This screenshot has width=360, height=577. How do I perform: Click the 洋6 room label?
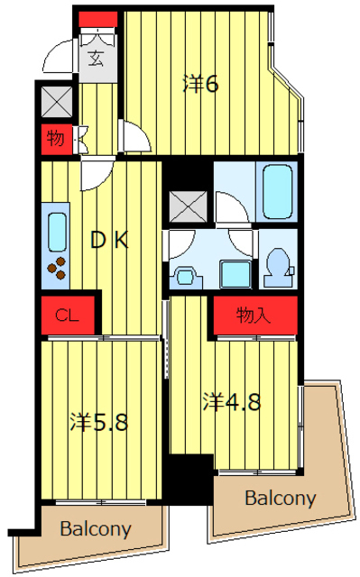pyautogui.click(x=201, y=85)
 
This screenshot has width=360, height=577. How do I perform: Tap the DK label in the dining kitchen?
pyautogui.click(x=110, y=240)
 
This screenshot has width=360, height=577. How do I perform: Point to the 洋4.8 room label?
pyautogui.click(x=232, y=402)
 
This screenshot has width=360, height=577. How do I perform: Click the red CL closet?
pyautogui.click(x=68, y=315)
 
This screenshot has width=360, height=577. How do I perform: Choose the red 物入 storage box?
pyautogui.click(x=255, y=315)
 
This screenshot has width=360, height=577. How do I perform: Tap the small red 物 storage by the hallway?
pyautogui.click(x=56, y=139)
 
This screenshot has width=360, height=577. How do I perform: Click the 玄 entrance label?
pyautogui.click(x=96, y=59)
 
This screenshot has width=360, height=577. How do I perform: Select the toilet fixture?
pyautogui.click(x=279, y=267)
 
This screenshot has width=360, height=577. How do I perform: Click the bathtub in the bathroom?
pyautogui.click(x=278, y=191)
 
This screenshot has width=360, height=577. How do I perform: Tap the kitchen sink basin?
pyautogui.click(x=57, y=233)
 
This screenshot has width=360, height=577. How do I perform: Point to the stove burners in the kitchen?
pyautogui.click(x=57, y=268)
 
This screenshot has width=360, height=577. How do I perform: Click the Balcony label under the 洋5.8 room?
pyautogui.click(x=96, y=529)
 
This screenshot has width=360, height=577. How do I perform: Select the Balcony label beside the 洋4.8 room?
pyautogui.click(x=281, y=498)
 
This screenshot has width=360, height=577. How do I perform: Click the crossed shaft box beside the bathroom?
pyautogui.click(x=188, y=206)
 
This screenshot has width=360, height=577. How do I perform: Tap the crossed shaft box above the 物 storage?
pyautogui.click(x=56, y=102)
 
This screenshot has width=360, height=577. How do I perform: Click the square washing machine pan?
pyautogui.click(x=235, y=274)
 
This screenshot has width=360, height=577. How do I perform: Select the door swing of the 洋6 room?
pyautogui.click(x=136, y=135)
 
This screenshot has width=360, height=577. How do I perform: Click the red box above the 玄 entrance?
pyautogui.click(x=98, y=19)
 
